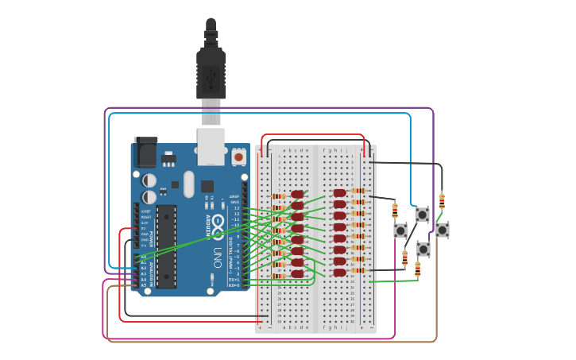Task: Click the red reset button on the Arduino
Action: [238, 157]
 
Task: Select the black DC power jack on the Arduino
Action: [145, 152]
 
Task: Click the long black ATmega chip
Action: [166, 246]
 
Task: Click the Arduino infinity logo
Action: [217, 226]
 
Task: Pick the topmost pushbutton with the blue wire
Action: [423, 215]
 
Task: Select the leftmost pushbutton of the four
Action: [400, 230]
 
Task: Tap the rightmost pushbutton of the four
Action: [443, 230]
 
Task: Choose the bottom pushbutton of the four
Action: [423, 250]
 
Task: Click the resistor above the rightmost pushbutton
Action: [442, 201]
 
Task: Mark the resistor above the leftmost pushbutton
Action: [395, 211]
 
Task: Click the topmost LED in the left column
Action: [297, 194]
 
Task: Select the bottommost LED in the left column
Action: [297, 274]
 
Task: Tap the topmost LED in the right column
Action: [339, 192]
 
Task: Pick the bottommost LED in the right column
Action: [339, 273]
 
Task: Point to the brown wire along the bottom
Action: [270, 342]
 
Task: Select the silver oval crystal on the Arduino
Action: [188, 184]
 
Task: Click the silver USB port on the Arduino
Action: [211, 146]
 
